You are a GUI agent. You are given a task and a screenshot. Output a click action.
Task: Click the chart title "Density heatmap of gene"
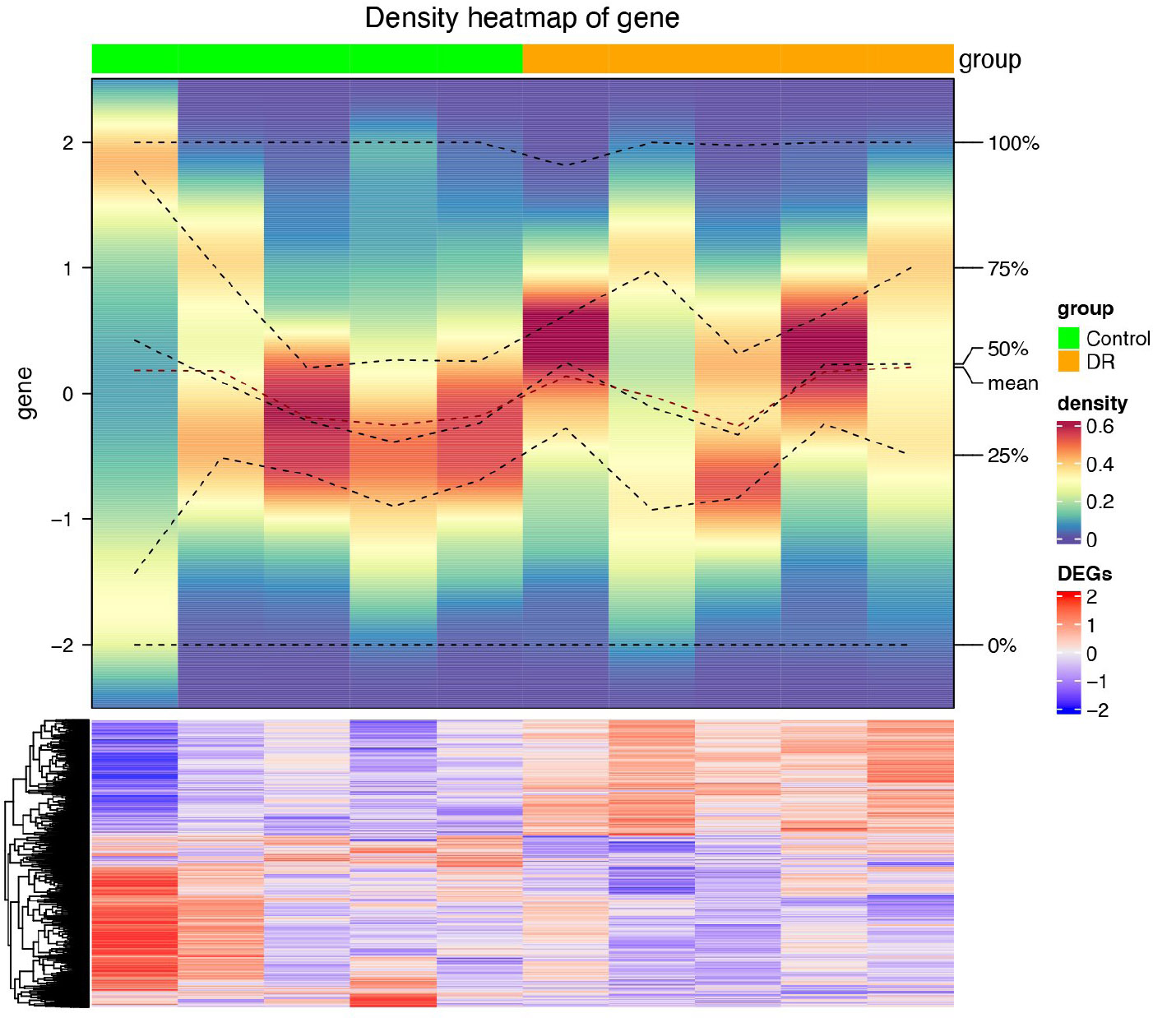click(x=521, y=18)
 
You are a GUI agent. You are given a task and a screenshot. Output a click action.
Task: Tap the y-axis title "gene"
click(x=25, y=393)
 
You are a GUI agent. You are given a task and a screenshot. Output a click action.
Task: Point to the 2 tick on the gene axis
click(x=67, y=143)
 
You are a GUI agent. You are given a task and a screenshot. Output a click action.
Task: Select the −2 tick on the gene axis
click(x=62, y=646)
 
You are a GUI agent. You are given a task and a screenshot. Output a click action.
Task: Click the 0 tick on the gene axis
click(x=67, y=394)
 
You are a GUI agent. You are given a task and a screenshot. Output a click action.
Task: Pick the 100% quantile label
click(x=1013, y=143)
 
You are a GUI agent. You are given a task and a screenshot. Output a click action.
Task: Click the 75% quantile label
click(x=1007, y=269)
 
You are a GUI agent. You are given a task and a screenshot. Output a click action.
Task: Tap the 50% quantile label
click(x=1007, y=349)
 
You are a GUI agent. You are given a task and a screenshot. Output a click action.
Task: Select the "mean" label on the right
click(x=1012, y=383)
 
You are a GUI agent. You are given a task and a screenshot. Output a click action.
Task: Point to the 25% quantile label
click(x=1007, y=456)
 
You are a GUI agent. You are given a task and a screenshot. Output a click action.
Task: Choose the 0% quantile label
click(x=1002, y=646)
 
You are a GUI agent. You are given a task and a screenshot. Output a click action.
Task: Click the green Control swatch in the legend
click(x=1068, y=338)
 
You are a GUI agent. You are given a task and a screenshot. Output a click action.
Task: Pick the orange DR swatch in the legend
click(x=1068, y=361)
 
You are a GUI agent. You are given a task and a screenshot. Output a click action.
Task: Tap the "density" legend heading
click(x=1092, y=404)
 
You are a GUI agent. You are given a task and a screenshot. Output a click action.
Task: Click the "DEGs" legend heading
click(x=1084, y=573)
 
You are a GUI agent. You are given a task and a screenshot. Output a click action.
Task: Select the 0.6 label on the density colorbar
click(x=1100, y=426)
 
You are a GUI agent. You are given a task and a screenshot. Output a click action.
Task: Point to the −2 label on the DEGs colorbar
click(x=1097, y=710)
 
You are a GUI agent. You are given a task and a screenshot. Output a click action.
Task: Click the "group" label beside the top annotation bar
click(x=989, y=59)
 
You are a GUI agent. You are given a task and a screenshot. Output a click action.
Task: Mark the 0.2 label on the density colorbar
click(x=1100, y=502)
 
